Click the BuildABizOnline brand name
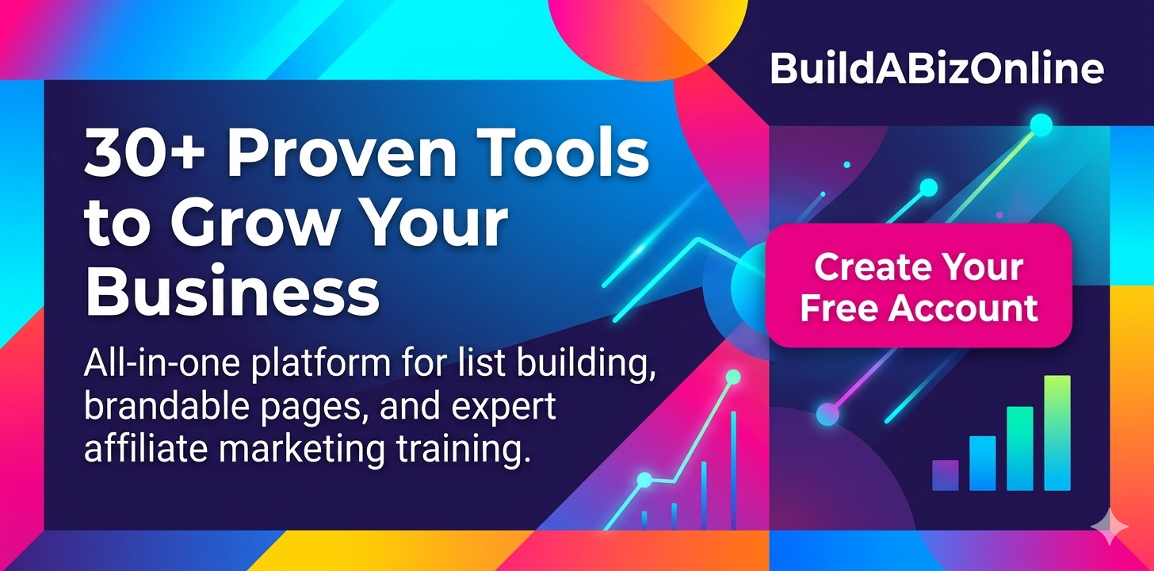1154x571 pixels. point(937,69)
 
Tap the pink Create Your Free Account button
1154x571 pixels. point(919,285)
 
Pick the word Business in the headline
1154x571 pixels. point(232,291)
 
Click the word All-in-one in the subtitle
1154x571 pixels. point(162,362)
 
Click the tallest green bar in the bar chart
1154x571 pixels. point(1057,433)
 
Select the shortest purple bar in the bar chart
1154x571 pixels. point(946,475)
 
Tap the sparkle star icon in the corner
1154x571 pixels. point(1110,527)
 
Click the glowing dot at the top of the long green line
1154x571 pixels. point(1041,125)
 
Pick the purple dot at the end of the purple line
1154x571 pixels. point(827,414)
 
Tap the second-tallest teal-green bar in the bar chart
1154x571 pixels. point(1020,448)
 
